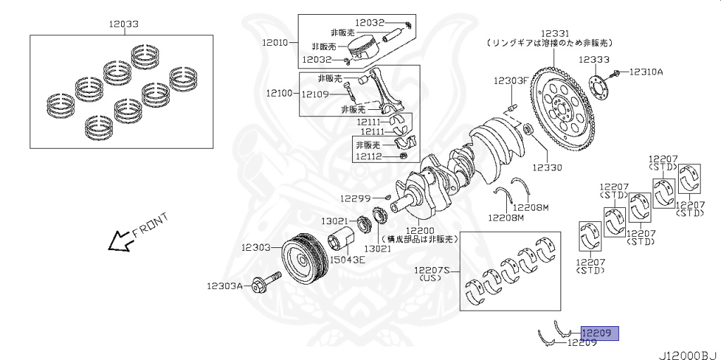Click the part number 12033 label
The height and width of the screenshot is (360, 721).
tap(123, 24)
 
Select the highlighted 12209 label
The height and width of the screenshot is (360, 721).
tap(598, 333)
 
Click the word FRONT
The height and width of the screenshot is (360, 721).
tap(149, 225)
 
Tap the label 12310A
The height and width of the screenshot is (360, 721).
tap(646, 72)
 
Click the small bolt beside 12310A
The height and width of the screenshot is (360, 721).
tap(616, 72)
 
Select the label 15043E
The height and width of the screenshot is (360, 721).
tap(349, 260)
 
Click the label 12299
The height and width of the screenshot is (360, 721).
tap(355, 198)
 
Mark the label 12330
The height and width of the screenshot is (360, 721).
tap(547, 168)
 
